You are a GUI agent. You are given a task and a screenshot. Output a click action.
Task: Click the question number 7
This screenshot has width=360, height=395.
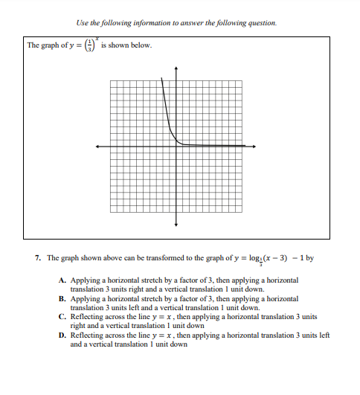(x=37, y=258)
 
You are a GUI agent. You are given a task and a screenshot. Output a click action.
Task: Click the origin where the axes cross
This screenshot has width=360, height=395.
(x=176, y=147)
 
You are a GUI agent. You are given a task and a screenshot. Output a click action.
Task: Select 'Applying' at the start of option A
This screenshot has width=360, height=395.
(x=83, y=280)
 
